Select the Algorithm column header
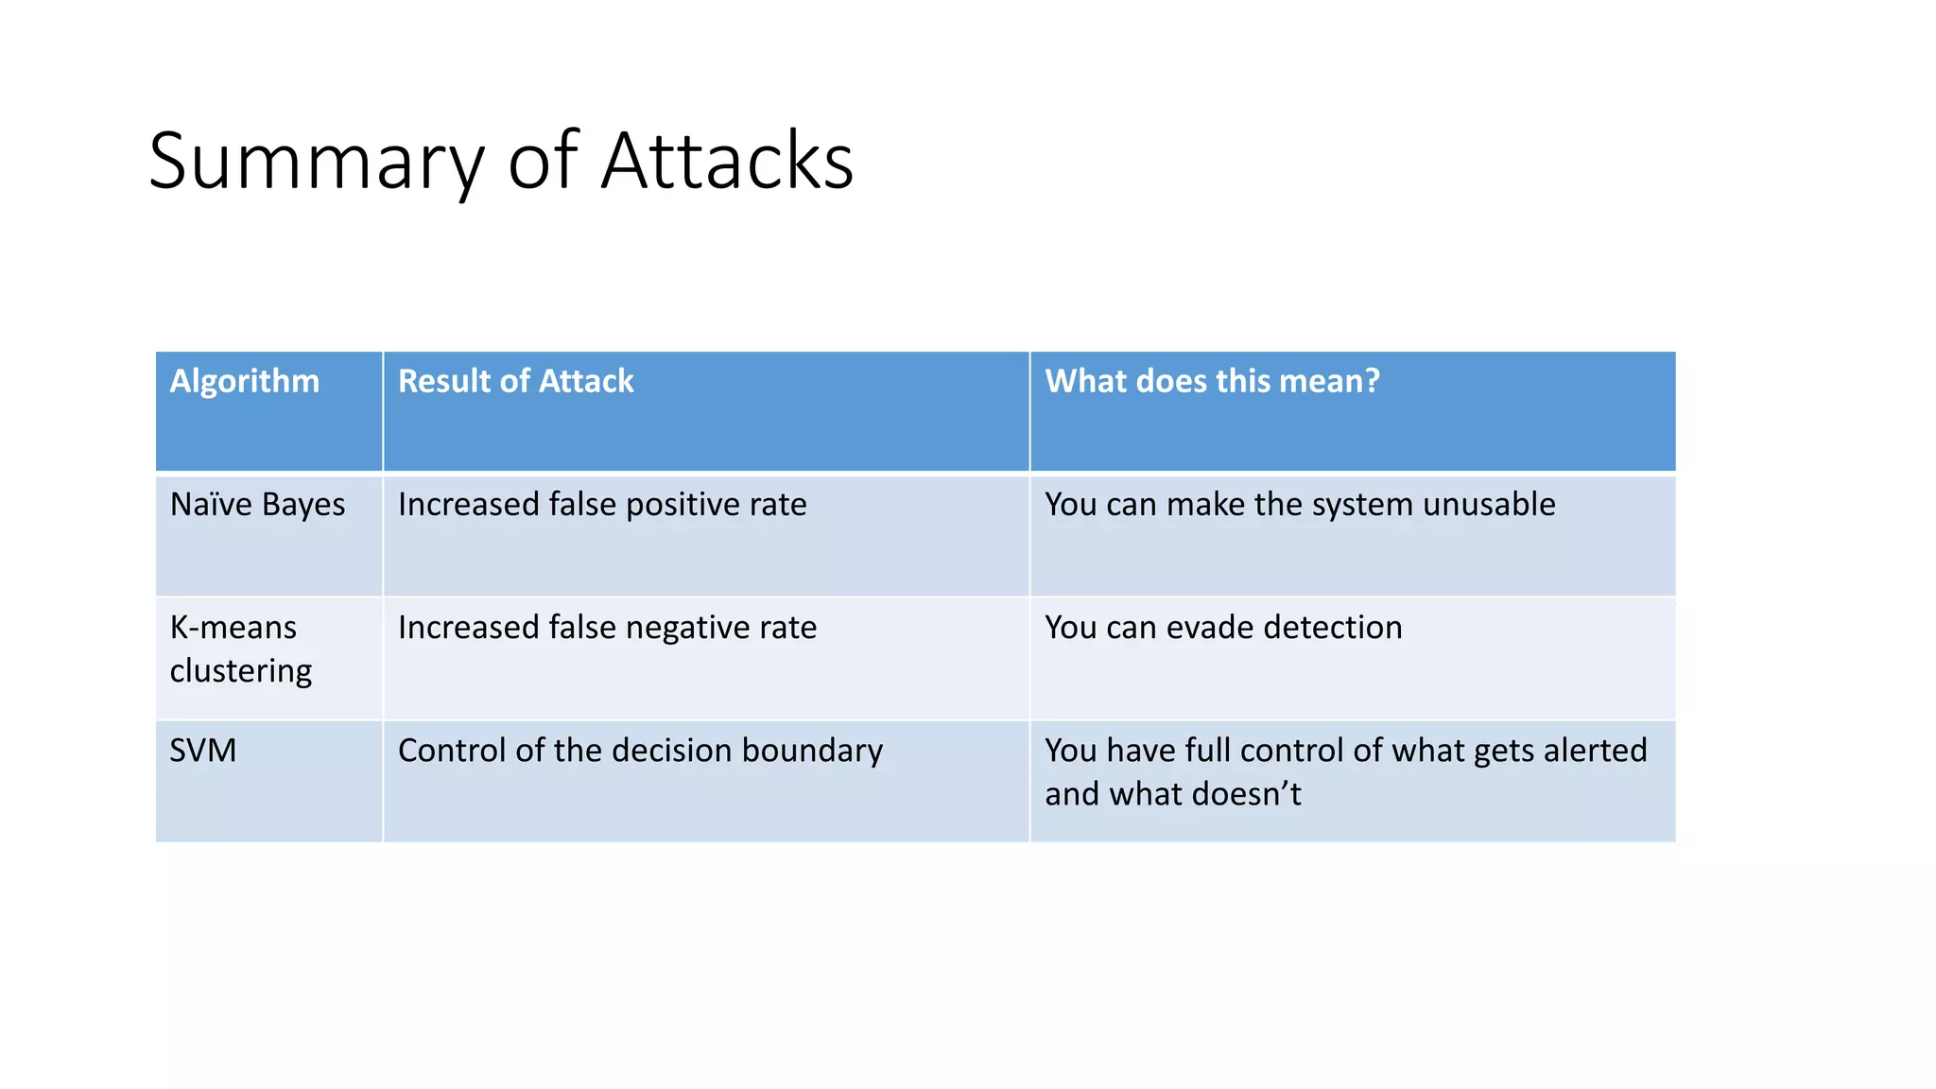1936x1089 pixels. click(245, 381)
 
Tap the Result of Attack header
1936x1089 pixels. click(515, 381)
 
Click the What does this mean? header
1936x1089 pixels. click(1212, 381)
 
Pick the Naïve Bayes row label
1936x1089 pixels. click(257, 505)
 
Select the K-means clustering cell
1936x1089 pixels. click(240, 648)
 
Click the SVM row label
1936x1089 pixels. click(203, 751)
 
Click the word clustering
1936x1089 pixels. click(240, 671)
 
